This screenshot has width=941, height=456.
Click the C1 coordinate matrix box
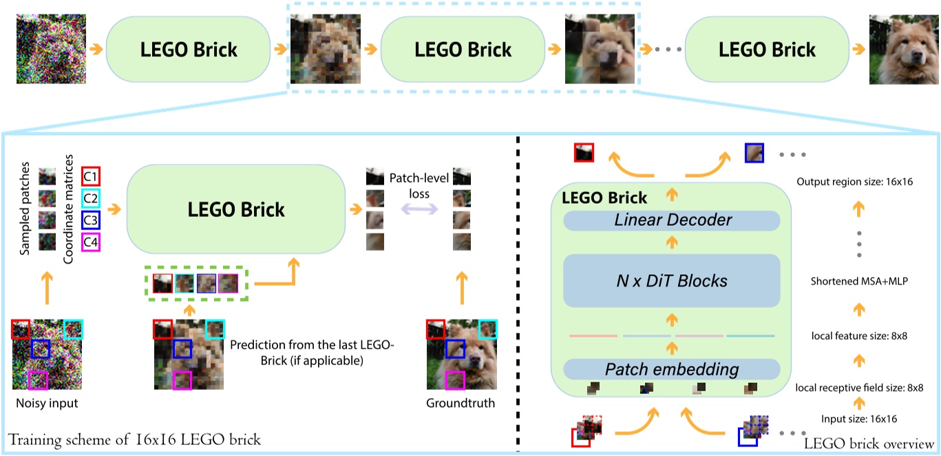coord(91,176)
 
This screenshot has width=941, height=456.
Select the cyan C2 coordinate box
coord(91,198)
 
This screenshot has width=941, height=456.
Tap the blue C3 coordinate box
coord(91,220)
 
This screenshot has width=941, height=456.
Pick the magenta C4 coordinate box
coord(91,242)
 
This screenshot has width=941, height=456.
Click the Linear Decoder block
coord(671,220)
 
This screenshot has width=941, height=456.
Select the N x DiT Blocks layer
coord(671,280)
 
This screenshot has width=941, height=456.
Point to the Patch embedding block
coord(671,369)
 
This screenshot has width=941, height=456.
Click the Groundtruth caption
coord(461,403)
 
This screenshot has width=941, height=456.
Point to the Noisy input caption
coord(47,403)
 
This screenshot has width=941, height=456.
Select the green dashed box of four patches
coord(196,283)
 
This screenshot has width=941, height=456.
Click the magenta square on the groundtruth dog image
coord(454,379)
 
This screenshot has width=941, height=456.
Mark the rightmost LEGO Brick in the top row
coord(766,50)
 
